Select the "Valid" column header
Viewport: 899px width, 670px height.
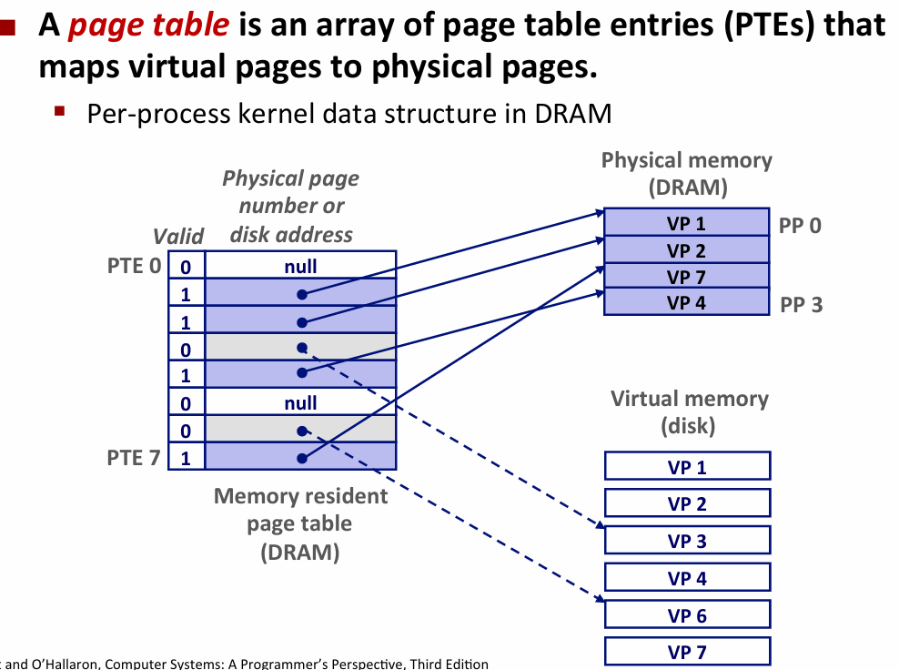tap(178, 236)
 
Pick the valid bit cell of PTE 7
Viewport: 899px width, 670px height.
tap(186, 458)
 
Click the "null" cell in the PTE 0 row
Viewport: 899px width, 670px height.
tap(300, 267)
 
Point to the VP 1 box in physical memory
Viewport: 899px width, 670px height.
tap(686, 224)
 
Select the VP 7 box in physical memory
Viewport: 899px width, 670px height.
tap(686, 277)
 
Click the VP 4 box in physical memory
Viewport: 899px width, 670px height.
tap(686, 303)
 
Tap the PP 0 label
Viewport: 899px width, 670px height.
tap(800, 225)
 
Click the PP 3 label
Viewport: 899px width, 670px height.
tap(801, 305)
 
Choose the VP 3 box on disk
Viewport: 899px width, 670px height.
tap(687, 541)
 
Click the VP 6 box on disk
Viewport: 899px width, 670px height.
tap(687, 615)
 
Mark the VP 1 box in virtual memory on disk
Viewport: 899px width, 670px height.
tap(687, 467)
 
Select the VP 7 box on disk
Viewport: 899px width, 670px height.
tap(687, 652)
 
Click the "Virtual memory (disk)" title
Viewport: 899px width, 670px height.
tap(689, 411)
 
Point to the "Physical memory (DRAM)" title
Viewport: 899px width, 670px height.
tap(686, 174)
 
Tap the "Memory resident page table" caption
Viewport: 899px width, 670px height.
tap(300, 523)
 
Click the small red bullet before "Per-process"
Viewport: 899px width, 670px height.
tap(60, 112)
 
